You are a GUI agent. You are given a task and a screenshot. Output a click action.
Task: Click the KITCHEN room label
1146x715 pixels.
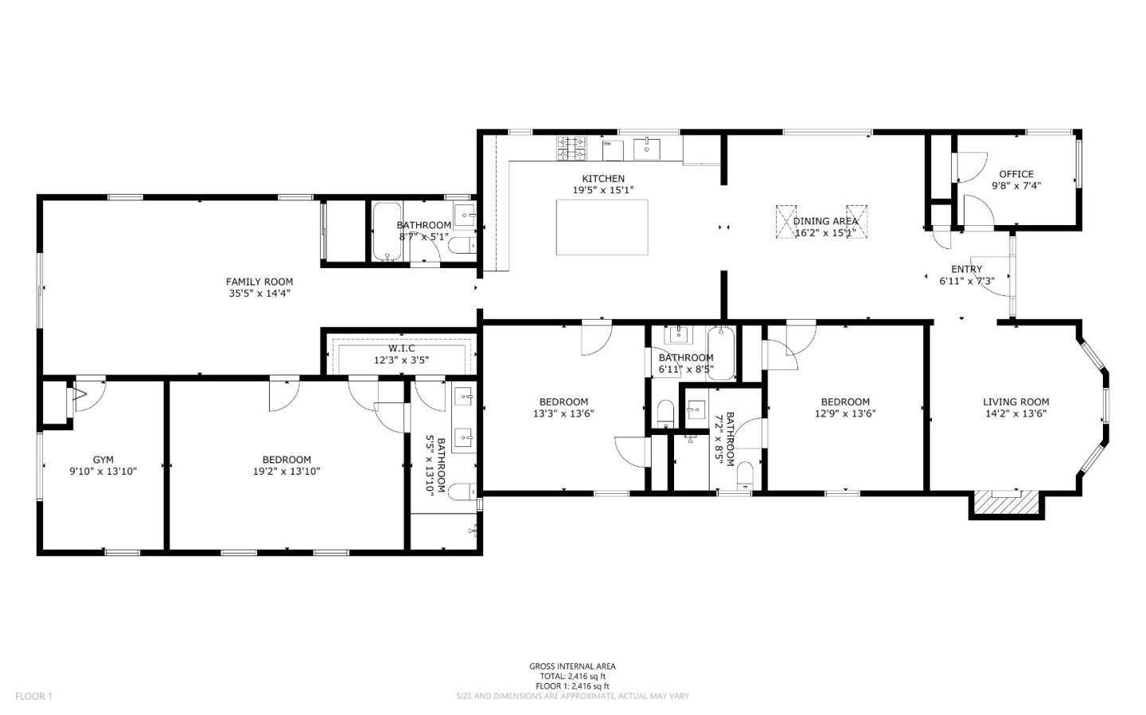click(603, 179)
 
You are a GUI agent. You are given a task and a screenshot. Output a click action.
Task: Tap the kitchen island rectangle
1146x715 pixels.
click(602, 227)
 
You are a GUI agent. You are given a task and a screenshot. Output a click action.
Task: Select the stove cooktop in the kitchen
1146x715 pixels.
click(571, 146)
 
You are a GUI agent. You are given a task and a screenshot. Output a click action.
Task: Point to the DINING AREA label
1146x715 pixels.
click(825, 221)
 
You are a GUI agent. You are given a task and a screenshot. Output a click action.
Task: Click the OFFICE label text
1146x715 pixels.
click(1016, 174)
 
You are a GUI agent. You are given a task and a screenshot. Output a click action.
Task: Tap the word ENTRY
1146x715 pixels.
click(966, 269)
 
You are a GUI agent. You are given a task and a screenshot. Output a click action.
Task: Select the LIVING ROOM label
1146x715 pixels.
click(1015, 402)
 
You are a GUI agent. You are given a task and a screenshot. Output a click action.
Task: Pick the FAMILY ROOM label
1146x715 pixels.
click(259, 282)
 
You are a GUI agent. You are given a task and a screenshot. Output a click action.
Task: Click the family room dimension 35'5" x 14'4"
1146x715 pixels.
click(259, 293)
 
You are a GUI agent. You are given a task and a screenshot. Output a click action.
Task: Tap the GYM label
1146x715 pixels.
click(103, 460)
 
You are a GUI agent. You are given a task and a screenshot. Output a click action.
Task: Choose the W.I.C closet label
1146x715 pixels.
click(402, 348)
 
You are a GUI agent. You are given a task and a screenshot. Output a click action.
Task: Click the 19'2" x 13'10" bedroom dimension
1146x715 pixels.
click(286, 472)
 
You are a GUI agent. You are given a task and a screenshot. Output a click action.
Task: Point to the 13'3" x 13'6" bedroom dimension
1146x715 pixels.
click(563, 414)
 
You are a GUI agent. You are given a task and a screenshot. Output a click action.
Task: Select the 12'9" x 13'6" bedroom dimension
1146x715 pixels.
click(845, 414)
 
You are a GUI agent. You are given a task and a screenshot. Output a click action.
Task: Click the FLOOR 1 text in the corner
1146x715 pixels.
click(33, 697)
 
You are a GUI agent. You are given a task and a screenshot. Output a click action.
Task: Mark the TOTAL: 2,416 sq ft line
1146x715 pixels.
click(572, 676)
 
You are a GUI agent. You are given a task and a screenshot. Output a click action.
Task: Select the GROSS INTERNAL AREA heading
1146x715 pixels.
click(572, 666)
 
